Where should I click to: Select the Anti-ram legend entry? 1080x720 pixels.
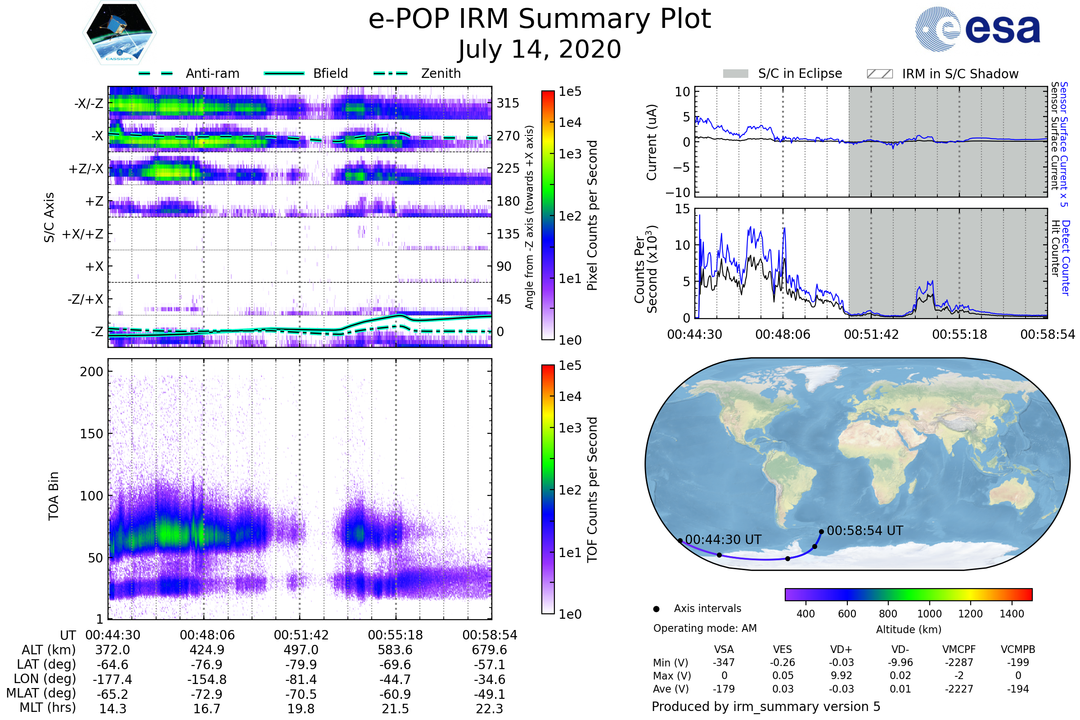pyautogui.click(x=212, y=73)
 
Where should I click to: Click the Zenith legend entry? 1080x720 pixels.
pyautogui.click(x=441, y=73)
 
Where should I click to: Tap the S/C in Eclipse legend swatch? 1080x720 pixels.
pyautogui.click(x=735, y=73)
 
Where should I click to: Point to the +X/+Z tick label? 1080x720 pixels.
pyautogui.click(x=83, y=234)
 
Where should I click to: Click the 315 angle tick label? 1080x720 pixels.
pyautogui.click(x=508, y=103)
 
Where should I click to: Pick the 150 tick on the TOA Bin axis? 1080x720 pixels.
pyautogui.click(x=91, y=434)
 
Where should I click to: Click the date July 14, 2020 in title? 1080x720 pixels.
pyautogui.click(x=540, y=49)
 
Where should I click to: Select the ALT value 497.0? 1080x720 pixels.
pyautogui.click(x=301, y=650)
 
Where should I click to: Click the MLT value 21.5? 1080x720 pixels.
pyautogui.click(x=395, y=708)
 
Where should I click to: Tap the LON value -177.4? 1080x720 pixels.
pyautogui.click(x=112, y=679)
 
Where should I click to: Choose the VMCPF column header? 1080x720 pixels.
pyautogui.click(x=959, y=649)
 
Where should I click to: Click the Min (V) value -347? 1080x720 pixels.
pyautogui.click(x=724, y=662)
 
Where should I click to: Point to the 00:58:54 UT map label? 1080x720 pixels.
pyautogui.click(x=864, y=531)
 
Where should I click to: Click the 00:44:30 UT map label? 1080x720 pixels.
pyautogui.click(x=723, y=540)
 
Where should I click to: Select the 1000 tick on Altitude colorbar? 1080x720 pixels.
pyautogui.click(x=929, y=614)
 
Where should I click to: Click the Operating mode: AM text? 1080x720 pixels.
pyautogui.click(x=705, y=628)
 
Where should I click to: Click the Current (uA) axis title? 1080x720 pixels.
pyautogui.click(x=652, y=142)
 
